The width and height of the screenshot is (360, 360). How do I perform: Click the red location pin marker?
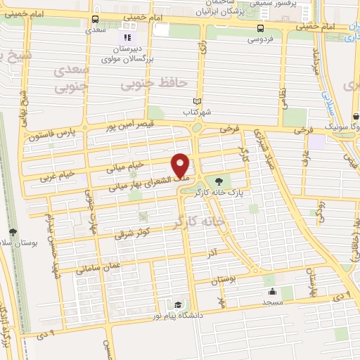tap(181, 165)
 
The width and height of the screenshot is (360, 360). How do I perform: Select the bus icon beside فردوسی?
tap(261, 28)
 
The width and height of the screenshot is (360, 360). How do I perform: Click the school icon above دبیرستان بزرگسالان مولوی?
tap(127, 37)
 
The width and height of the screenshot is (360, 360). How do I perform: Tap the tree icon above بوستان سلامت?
tap(13, 231)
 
